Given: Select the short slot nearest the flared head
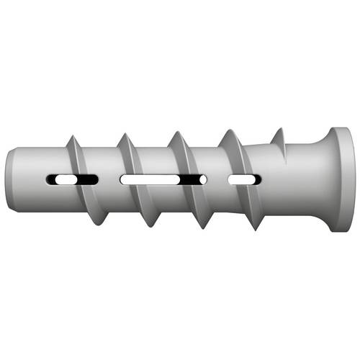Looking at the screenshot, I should click(x=242, y=178).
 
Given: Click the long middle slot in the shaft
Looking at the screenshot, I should click(x=162, y=178).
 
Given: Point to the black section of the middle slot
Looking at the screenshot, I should click(x=191, y=178).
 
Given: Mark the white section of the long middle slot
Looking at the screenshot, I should click(x=148, y=178).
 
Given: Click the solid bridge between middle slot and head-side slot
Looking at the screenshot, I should click(x=217, y=178).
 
